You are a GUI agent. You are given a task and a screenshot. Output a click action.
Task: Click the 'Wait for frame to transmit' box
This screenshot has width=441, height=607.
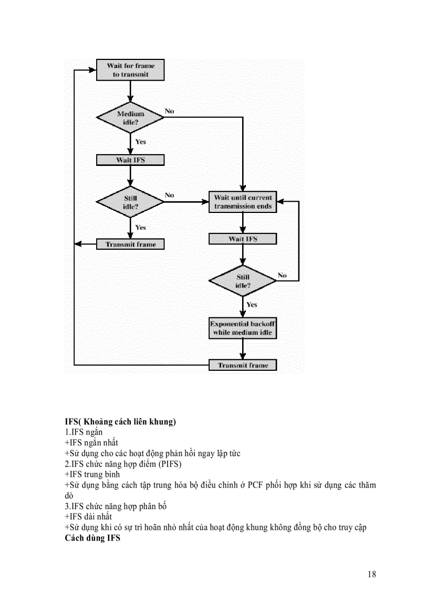click(130, 70)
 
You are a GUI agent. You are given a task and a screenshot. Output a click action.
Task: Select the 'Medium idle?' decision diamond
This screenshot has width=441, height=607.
click(130, 118)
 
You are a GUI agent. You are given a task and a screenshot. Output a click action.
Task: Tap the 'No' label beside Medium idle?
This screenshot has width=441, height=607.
click(170, 111)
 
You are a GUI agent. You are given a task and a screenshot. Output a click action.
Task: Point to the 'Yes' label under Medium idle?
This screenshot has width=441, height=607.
click(141, 142)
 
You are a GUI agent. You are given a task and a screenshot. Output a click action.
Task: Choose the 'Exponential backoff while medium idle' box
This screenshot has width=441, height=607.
click(243, 328)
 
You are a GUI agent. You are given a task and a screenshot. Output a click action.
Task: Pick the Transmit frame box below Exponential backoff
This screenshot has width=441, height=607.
click(243, 365)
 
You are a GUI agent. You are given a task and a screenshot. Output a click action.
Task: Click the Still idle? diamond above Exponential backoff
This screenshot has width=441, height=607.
click(243, 281)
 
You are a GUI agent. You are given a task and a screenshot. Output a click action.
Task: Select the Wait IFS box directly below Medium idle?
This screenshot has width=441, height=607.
click(130, 160)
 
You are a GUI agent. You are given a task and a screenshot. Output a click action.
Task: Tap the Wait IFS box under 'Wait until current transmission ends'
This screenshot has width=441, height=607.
click(243, 239)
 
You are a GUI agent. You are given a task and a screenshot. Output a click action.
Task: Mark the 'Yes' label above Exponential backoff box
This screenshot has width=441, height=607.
click(252, 305)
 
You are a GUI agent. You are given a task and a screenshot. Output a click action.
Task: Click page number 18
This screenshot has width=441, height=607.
click(371, 574)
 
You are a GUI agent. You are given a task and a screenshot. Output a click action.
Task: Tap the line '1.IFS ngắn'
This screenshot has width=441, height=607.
click(84, 432)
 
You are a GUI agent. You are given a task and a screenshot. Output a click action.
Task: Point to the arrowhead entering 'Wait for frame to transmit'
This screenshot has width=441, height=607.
click(92, 70)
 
